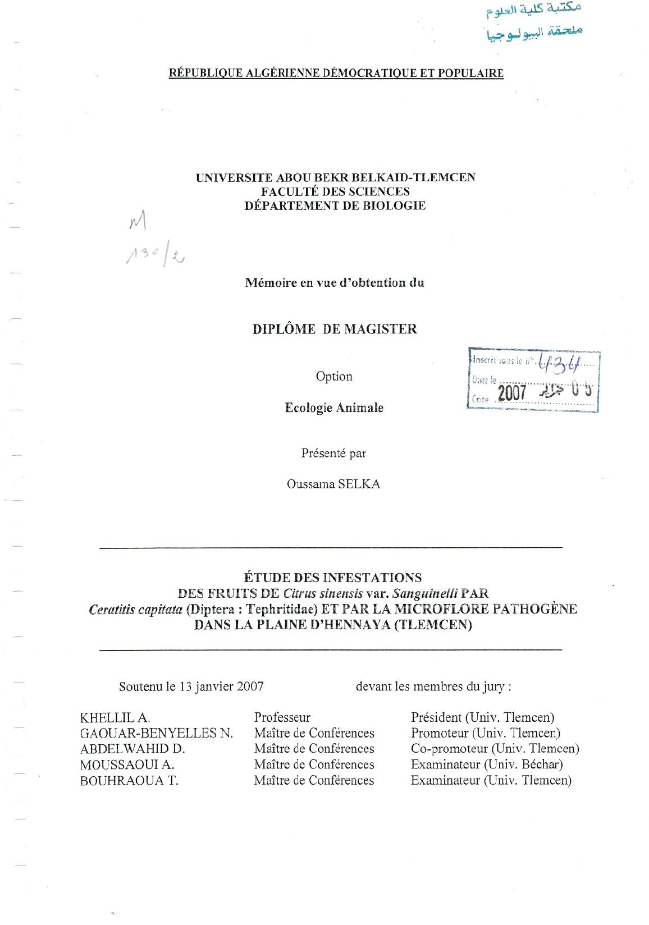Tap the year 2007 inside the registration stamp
click(x=511, y=392)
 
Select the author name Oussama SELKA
click(x=333, y=484)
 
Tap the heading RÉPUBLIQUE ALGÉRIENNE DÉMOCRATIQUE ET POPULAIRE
click(x=336, y=73)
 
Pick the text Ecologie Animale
click(x=334, y=408)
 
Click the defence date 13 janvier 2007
click(x=221, y=686)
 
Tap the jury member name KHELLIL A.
click(x=115, y=717)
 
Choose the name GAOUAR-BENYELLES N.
click(x=157, y=733)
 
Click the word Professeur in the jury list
click(x=282, y=717)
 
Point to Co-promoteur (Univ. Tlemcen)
click(x=495, y=749)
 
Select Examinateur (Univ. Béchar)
click(x=487, y=764)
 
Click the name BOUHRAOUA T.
click(x=129, y=780)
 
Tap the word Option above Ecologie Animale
click(x=334, y=377)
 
